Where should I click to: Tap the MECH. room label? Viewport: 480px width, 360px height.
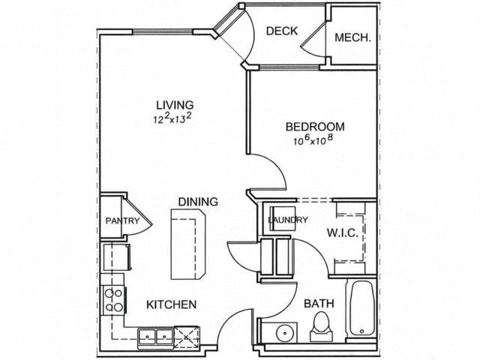click(352, 37)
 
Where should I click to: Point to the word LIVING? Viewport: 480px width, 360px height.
click(175, 105)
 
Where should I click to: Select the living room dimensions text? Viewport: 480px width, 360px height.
click(172, 118)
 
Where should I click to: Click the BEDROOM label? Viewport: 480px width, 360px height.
click(315, 127)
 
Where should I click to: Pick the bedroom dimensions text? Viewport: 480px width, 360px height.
click(313, 139)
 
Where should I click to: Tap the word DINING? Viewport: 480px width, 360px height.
click(198, 202)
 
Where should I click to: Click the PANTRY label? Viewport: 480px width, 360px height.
click(122, 220)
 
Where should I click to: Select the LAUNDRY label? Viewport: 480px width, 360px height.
click(288, 220)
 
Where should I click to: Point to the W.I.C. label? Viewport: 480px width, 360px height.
click(343, 233)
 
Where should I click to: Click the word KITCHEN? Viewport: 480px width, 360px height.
click(172, 304)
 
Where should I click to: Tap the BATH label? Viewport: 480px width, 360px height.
click(319, 304)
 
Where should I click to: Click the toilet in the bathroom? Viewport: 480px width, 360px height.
click(320, 326)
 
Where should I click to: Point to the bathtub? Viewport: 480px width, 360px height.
click(361, 308)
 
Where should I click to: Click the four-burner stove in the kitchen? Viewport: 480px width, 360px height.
click(114, 300)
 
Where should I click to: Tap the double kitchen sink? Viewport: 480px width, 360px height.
click(155, 337)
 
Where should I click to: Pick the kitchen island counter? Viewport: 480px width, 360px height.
click(187, 244)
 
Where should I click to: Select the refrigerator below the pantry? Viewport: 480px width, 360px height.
click(116, 256)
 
